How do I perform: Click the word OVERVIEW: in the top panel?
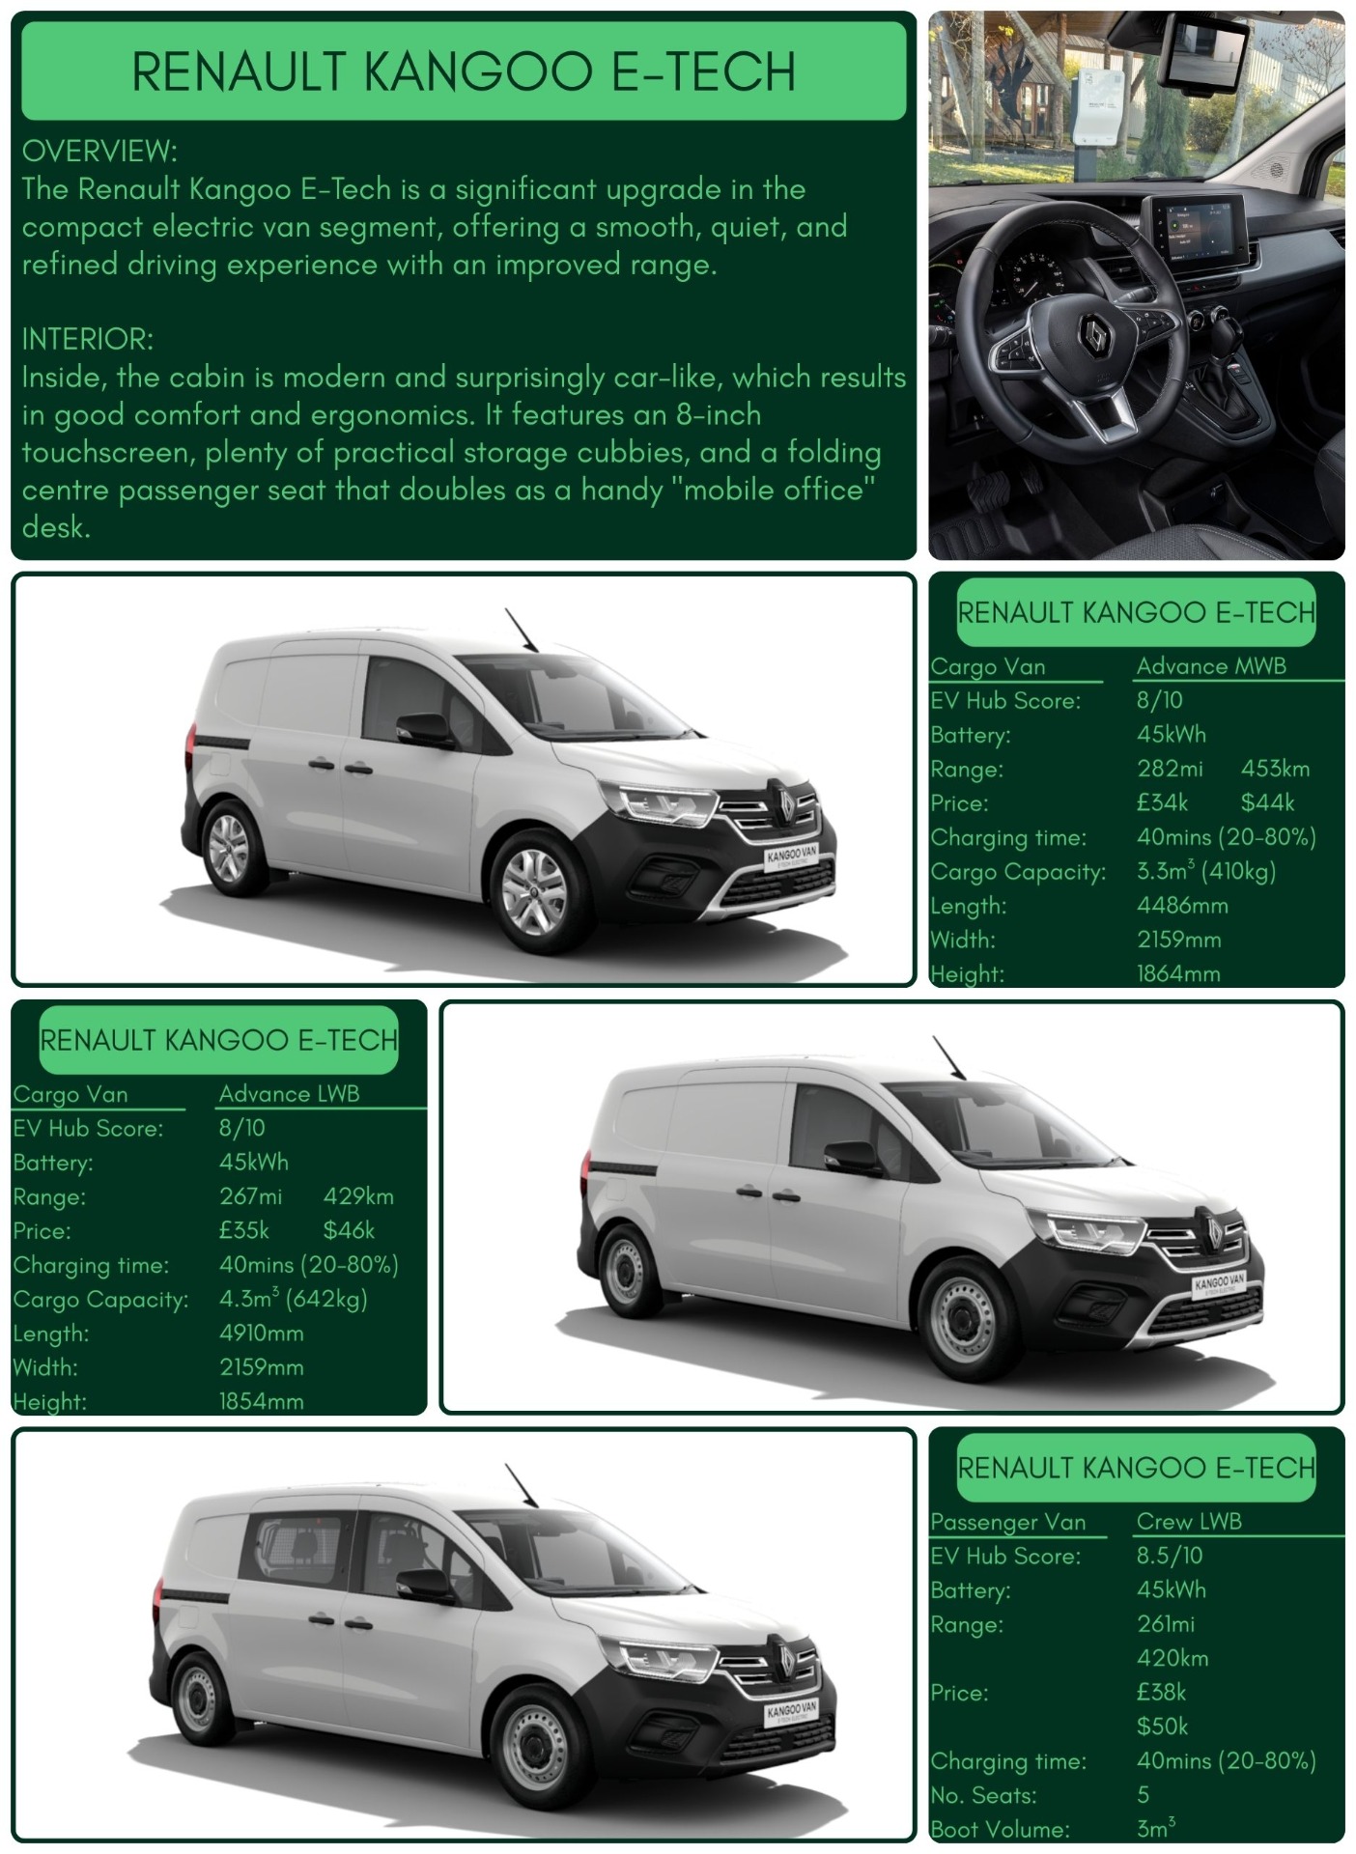click(99, 151)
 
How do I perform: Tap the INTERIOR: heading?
click(87, 339)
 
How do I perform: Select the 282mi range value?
click(1170, 769)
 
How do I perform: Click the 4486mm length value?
click(1181, 906)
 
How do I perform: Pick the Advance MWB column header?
click(1210, 666)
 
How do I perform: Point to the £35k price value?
click(243, 1230)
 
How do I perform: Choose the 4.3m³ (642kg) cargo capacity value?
click(293, 1299)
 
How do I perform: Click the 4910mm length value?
click(261, 1334)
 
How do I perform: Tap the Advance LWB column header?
click(289, 1094)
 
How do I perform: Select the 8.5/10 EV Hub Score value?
click(1169, 1556)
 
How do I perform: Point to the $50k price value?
click(1162, 1727)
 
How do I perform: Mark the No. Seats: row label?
click(982, 1795)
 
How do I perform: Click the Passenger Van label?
click(1007, 1522)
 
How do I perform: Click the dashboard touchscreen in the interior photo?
click(1194, 236)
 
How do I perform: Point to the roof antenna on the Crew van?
click(521, 1485)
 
